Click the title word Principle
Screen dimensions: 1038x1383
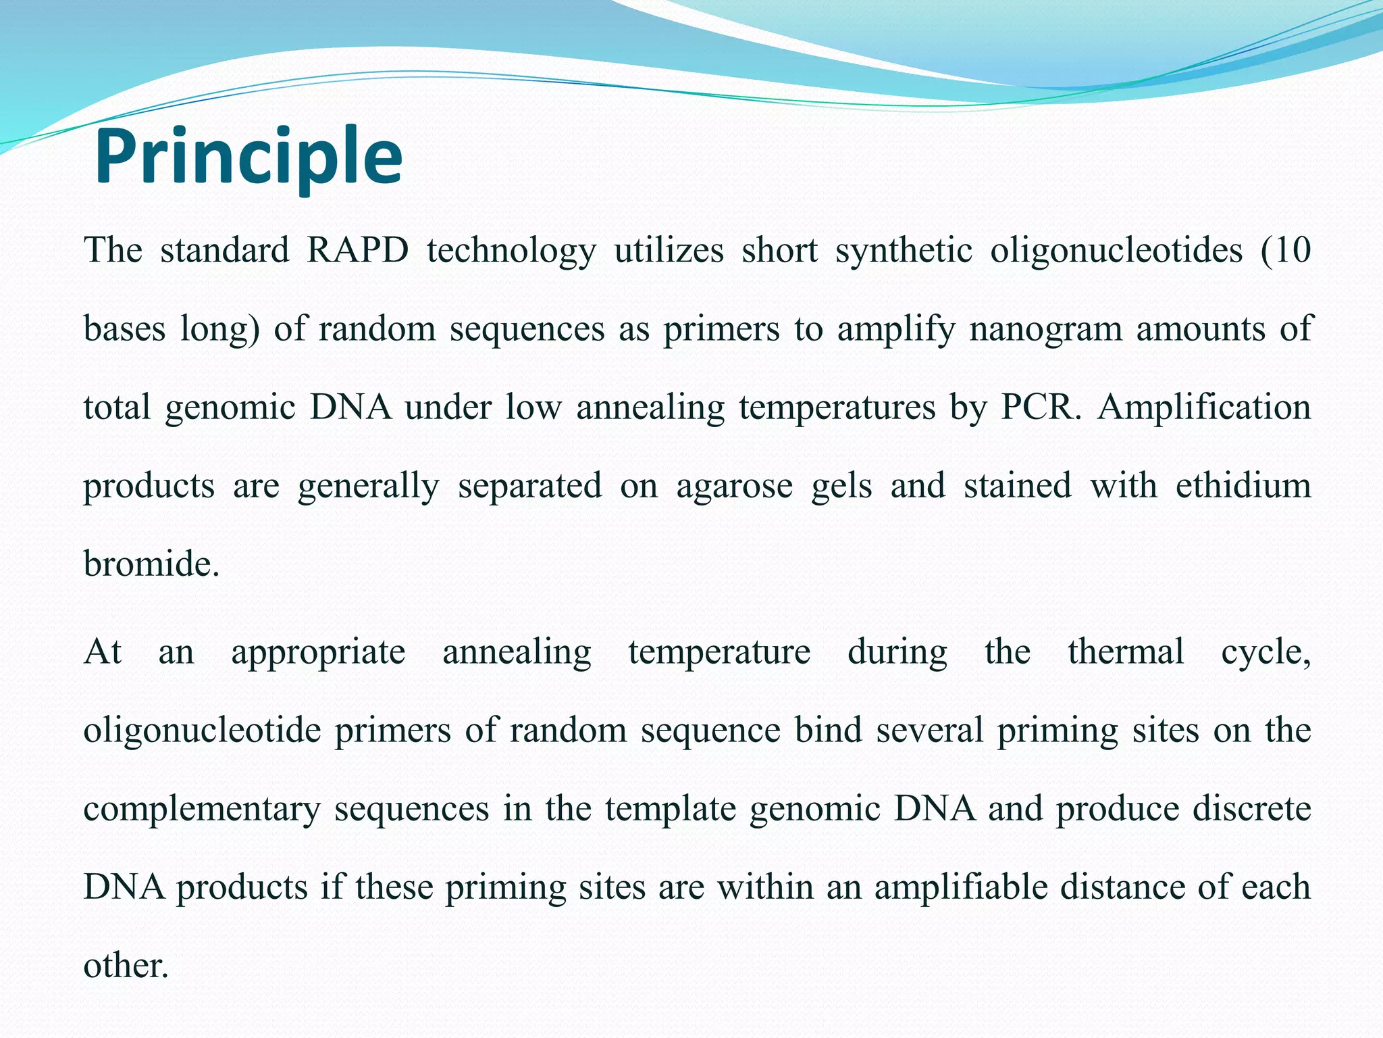coord(249,157)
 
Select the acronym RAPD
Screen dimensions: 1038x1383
coord(358,250)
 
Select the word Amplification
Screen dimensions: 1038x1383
coord(1204,407)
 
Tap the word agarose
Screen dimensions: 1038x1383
coord(735,487)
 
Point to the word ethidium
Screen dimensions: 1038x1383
coord(1243,485)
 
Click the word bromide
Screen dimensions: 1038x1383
coord(151,564)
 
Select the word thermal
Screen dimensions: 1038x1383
coord(1126,652)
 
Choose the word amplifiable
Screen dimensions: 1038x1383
coord(961,887)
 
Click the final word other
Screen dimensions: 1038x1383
coord(125,965)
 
